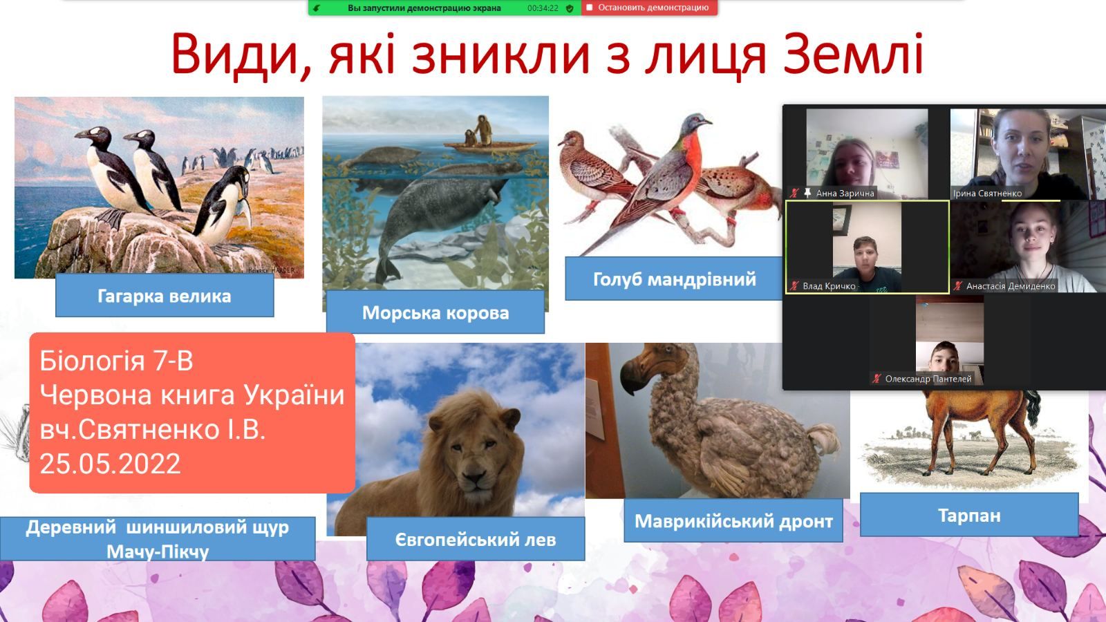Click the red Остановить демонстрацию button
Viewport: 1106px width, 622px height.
(x=649, y=8)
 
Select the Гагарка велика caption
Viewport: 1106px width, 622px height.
(x=165, y=296)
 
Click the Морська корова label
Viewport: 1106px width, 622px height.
(x=435, y=312)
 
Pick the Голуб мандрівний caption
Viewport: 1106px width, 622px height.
(x=674, y=279)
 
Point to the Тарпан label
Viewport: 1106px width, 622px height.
(x=969, y=515)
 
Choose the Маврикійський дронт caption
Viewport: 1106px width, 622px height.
(x=733, y=521)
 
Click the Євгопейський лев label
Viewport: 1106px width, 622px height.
(x=476, y=539)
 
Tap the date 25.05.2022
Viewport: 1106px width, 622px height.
(x=110, y=464)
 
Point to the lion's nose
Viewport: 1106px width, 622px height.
(x=474, y=476)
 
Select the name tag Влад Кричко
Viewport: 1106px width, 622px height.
(x=829, y=286)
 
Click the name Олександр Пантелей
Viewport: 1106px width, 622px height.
(x=928, y=379)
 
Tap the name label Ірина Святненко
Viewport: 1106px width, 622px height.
(x=988, y=193)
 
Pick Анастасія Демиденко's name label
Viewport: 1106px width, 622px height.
(x=1011, y=286)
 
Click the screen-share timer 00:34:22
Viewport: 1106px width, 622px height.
(x=543, y=8)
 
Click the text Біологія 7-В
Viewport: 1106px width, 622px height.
(x=117, y=361)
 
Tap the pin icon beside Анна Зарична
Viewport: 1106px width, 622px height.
(x=807, y=193)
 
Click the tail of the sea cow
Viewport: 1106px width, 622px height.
(x=388, y=269)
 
